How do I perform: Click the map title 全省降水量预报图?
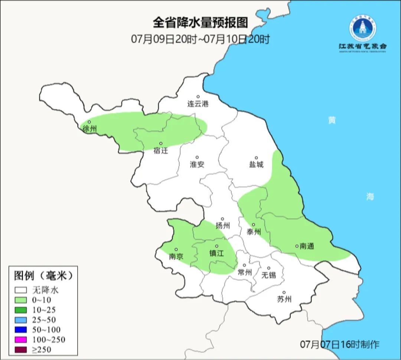[x=200, y=23]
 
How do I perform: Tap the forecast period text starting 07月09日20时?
[x=200, y=39]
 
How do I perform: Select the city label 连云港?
[x=198, y=104]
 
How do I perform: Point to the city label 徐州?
[x=89, y=129]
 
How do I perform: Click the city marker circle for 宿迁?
[x=161, y=143]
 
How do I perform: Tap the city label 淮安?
[x=197, y=165]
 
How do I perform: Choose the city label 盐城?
[x=256, y=165]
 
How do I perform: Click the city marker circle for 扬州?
[x=222, y=219]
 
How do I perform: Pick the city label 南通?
[x=307, y=246]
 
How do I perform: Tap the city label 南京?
[x=176, y=257]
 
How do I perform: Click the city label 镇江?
[x=217, y=253]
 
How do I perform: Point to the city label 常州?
[x=245, y=273]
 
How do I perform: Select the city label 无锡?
[x=269, y=275]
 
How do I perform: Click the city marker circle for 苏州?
[x=284, y=292]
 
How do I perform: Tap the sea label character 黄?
[x=332, y=120]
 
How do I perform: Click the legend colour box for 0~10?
[x=21, y=300]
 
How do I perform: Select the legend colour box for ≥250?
[x=21, y=349]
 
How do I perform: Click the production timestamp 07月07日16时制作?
[x=340, y=344]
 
